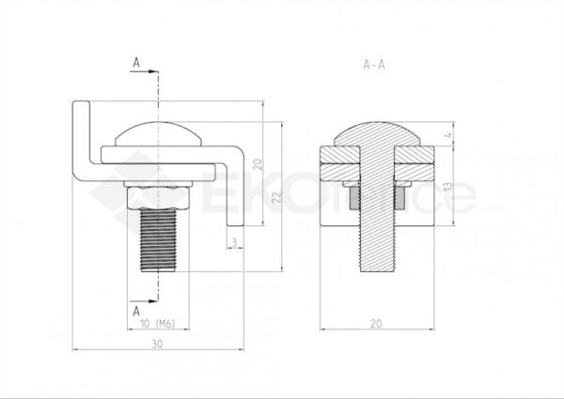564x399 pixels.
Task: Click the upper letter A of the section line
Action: [137, 62]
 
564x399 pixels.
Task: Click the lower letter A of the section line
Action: [137, 308]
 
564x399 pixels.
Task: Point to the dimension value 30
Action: [158, 345]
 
